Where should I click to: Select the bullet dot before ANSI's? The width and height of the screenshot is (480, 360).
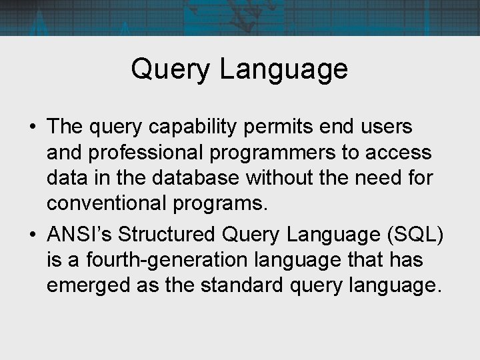[31, 235]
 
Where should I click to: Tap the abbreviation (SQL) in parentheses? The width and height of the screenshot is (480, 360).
[418, 235]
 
